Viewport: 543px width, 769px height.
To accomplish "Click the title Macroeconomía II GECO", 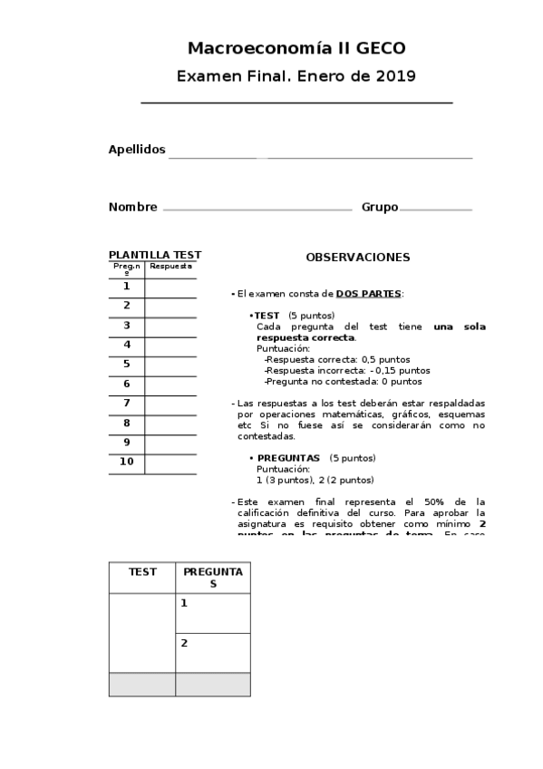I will click(x=296, y=48).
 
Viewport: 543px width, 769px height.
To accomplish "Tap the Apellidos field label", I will click(x=137, y=150).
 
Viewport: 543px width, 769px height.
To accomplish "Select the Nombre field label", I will click(x=133, y=207).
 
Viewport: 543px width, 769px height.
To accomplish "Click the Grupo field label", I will click(x=380, y=207).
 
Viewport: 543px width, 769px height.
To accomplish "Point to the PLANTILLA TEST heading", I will click(x=155, y=255).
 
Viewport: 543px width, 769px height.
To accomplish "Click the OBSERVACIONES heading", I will click(x=357, y=258).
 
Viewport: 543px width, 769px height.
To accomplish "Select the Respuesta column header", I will click(x=170, y=267).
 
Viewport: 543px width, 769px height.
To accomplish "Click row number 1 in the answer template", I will click(x=127, y=287).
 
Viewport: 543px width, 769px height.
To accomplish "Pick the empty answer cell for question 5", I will click(x=170, y=365).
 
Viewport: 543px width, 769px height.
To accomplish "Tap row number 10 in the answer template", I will click(x=127, y=462).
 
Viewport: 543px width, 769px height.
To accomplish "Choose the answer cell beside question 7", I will click(x=170, y=404).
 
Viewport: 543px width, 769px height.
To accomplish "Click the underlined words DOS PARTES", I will click(x=368, y=294).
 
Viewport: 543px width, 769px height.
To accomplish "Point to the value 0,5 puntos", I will click(x=385, y=359).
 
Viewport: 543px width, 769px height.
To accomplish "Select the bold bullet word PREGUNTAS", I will click(x=288, y=458).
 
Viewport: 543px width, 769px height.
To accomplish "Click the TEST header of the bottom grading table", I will click(x=142, y=572).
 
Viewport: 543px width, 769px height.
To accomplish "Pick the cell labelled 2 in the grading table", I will click(x=212, y=652).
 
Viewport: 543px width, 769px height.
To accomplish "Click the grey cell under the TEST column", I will click(x=142, y=685).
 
